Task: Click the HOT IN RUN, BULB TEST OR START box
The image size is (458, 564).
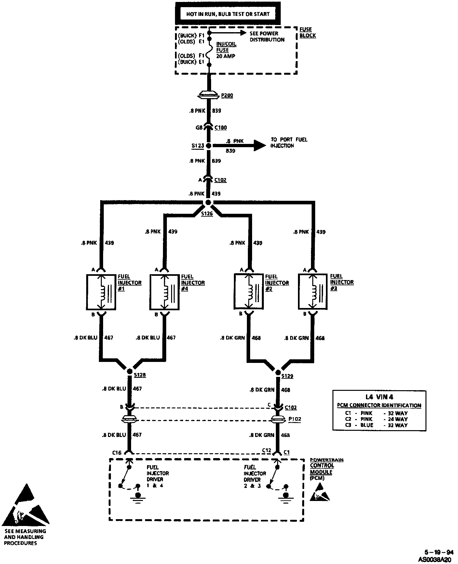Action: tap(228, 14)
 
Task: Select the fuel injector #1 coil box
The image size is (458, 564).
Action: tap(101, 292)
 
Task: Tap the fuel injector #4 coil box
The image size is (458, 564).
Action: tap(165, 292)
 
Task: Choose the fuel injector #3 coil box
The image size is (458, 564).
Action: tap(313, 291)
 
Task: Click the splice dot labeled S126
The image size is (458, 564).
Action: tap(208, 203)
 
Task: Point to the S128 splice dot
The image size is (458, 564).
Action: tap(129, 371)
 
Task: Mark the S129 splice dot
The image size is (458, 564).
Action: tap(278, 372)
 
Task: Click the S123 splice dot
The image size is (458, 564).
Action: tap(209, 146)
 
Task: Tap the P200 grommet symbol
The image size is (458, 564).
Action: tap(209, 96)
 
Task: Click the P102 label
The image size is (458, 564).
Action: tap(295, 419)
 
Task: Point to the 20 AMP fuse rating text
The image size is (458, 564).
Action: tap(226, 56)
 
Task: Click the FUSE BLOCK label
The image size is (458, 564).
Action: tap(307, 32)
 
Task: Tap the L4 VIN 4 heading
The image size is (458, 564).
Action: tap(379, 397)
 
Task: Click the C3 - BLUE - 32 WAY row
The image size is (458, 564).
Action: tap(376, 425)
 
